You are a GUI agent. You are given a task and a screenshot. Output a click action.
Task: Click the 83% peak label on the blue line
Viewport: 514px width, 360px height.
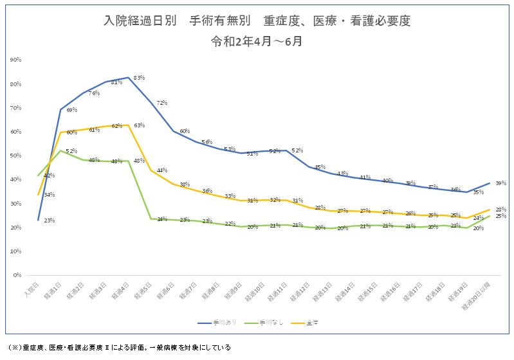[139, 78]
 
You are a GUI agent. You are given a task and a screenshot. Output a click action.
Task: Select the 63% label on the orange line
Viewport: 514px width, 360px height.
[139, 125]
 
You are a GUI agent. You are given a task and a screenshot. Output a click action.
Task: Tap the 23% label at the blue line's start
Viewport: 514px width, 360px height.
[49, 221]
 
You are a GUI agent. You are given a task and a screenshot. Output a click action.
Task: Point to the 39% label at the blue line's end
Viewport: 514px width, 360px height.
[500, 183]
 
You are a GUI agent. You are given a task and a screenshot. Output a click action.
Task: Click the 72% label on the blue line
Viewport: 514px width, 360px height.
[161, 103]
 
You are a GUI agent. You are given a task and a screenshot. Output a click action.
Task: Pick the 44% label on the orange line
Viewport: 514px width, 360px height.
[162, 170]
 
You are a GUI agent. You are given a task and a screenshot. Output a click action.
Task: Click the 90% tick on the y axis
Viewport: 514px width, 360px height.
[15, 60]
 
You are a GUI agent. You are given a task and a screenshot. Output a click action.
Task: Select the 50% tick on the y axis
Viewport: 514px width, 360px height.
[15, 156]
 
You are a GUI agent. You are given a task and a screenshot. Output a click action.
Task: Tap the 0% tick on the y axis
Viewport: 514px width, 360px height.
[17, 275]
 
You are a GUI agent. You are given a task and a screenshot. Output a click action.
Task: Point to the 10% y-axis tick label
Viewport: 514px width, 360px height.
[15, 251]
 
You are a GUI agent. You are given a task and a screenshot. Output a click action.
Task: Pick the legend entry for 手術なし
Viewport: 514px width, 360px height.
[259, 321]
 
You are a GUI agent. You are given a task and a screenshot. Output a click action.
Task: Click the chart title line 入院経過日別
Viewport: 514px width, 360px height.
[257, 21]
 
